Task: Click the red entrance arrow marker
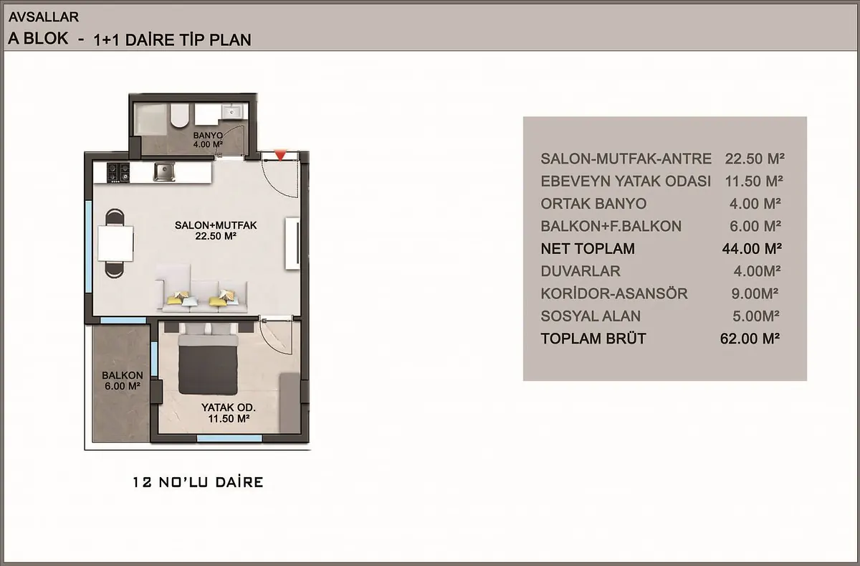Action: coord(280,155)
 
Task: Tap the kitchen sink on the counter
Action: coord(164,171)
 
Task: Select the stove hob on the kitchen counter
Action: coord(118,172)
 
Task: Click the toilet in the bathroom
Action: coord(180,115)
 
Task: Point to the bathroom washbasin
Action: coord(231,112)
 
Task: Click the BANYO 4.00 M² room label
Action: coord(208,140)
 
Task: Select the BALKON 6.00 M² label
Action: coord(123,380)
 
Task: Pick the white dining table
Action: coord(115,244)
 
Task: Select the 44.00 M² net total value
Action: coord(752,249)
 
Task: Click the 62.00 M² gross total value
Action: coord(750,339)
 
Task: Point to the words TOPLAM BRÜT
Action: coord(593,339)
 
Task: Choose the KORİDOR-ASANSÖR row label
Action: coord(614,293)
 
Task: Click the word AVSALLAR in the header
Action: coord(44,17)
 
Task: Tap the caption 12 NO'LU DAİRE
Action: coord(198,482)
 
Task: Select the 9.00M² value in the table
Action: coord(755,293)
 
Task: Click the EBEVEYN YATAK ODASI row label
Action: coord(626,181)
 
